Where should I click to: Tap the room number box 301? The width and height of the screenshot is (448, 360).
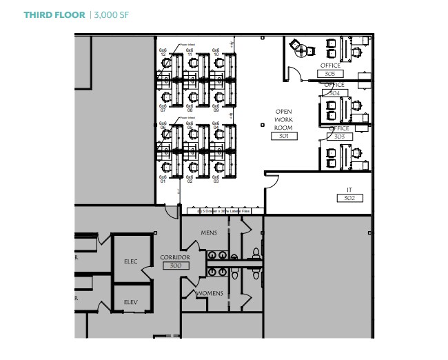[283, 136]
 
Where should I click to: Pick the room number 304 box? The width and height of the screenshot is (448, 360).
[334, 92]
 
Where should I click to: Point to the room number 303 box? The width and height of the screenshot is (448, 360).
[339, 137]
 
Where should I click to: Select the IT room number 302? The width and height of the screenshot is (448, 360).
[349, 198]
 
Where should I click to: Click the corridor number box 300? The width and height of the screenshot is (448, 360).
[175, 266]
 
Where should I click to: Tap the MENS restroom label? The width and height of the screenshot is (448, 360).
[209, 233]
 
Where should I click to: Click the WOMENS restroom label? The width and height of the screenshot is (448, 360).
[210, 294]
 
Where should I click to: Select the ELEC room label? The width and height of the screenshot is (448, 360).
[131, 261]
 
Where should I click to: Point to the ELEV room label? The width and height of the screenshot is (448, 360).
[131, 302]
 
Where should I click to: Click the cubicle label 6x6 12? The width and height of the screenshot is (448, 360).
[163, 52]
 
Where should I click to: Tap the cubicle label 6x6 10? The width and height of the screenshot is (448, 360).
[216, 52]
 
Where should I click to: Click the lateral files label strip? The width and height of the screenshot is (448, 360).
[225, 210]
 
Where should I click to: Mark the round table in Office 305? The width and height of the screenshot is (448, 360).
[299, 48]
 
